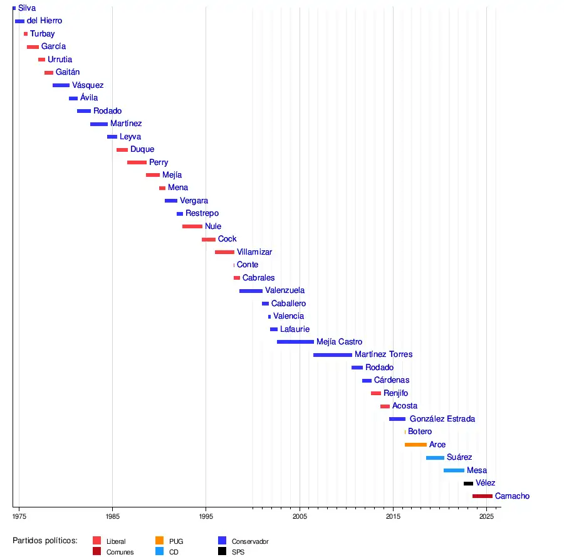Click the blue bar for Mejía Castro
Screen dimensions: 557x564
(295, 342)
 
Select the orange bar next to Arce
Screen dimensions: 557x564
(415, 445)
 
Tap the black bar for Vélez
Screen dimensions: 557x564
(468, 484)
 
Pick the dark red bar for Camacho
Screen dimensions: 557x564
(482, 496)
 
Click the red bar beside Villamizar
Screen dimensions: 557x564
(224, 252)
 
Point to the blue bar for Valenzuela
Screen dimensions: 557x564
(251, 291)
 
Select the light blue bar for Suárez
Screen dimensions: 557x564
(435, 458)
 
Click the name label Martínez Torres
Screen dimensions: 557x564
(384, 354)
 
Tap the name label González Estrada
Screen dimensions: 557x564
(442, 419)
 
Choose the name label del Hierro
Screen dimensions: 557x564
(44, 21)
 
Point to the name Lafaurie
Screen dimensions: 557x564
(295, 329)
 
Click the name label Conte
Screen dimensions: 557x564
(248, 265)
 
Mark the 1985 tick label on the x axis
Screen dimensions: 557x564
(112, 516)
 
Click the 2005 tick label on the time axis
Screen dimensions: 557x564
(300, 516)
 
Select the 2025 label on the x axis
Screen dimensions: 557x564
(486, 516)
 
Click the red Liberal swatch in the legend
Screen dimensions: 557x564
(97, 541)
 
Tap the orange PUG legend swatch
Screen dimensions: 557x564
(159, 541)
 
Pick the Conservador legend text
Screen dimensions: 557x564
(250, 541)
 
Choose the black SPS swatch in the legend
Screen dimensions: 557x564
(222, 551)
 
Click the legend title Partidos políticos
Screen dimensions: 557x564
(45, 541)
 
